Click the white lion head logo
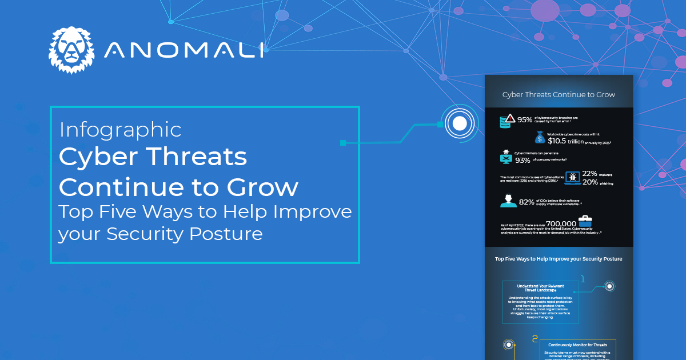(x=71, y=50)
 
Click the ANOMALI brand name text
(x=184, y=50)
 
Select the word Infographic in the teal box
(x=120, y=130)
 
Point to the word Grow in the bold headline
(x=266, y=187)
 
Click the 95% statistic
(x=525, y=120)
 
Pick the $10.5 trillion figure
(x=566, y=141)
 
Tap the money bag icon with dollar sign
(x=540, y=138)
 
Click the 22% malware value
(x=589, y=174)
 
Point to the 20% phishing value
(x=589, y=182)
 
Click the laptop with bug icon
(x=573, y=178)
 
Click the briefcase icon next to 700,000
(x=586, y=221)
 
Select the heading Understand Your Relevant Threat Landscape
(x=540, y=287)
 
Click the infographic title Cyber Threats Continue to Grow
(x=559, y=94)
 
